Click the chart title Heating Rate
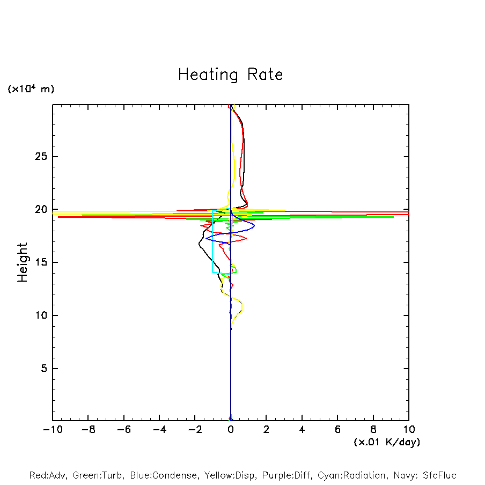pyautogui.click(x=230, y=75)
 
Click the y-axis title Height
pyautogui.click(x=23, y=262)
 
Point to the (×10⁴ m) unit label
pyautogui.click(x=31, y=89)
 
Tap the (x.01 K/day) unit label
pyautogui.click(x=386, y=442)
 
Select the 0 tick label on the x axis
pyautogui.click(x=231, y=430)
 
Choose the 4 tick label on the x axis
pyautogui.click(x=302, y=430)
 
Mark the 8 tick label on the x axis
pyautogui.click(x=373, y=430)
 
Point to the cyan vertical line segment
pyautogui.click(x=212, y=241)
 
